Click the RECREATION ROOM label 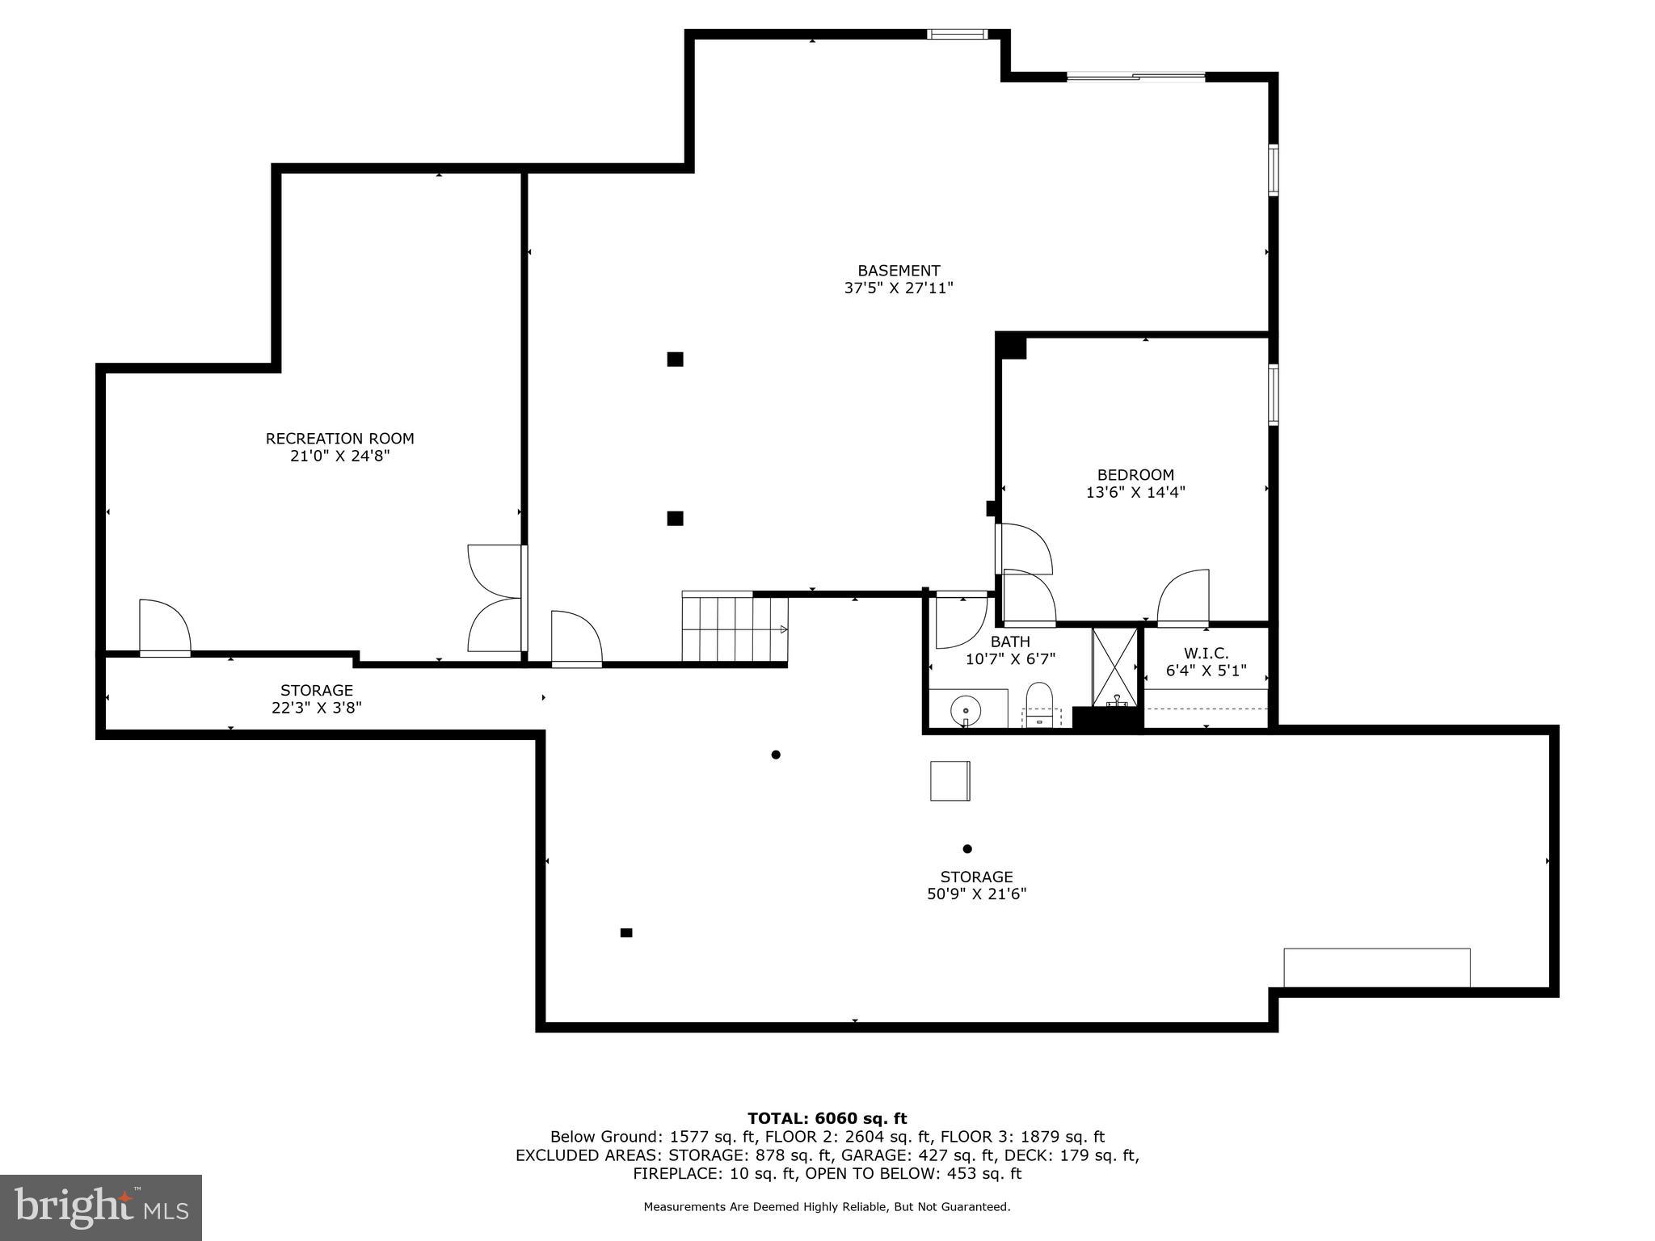(x=339, y=439)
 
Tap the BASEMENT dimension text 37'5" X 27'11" (x=899, y=288)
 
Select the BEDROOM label (x=1135, y=475)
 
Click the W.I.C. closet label (x=1206, y=653)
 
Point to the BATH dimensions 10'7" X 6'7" (x=1010, y=659)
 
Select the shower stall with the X (x=1114, y=666)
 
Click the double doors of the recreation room (x=495, y=598)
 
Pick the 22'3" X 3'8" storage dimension (x=317, y=708)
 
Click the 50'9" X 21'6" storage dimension (x=976, y=894)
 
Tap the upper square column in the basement (x=675, y=360)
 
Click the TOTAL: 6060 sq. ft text (x=827, y=1119)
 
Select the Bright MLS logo (x=101, y=1207)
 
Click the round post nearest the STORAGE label (x=967, y=848)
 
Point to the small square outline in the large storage (x=950, y=780)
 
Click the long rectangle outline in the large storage (x=1376, y=967)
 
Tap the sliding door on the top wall (x=1135, y=77)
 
